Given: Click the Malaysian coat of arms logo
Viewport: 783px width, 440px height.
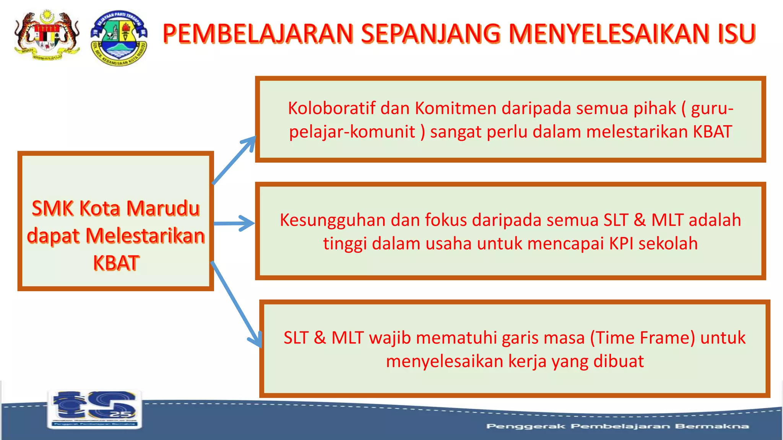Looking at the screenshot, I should pyautogui.click(x=47, y=36).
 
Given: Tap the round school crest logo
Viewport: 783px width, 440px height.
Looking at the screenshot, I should pyautogui.click(x=119, y=38).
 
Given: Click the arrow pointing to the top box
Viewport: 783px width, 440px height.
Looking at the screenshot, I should pyautogui.click(x=234, y=160).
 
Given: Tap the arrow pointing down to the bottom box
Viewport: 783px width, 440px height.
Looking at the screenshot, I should pyautogui.click(x=237, y=306).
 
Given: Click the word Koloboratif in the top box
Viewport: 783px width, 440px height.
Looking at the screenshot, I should pyautogui.click(x=331, y=108).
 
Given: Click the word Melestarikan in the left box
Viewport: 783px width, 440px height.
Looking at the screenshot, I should pyautogui.click(x=145, y=236).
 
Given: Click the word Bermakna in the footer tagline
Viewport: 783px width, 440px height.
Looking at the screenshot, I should pyautogui.click(x=712, y=426).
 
